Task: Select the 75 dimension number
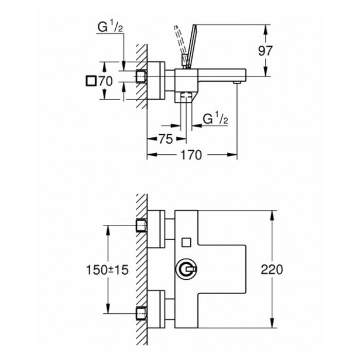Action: [x=165, y=138]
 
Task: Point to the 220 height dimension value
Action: [x=272, y=269]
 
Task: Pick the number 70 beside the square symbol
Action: [x=105, y=81]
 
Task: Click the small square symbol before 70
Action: [x=92, y=81]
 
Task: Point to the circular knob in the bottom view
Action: [x=186, y=269]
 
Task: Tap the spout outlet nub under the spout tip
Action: [x=237, y=82]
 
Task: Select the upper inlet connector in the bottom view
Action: [x=141, y=225]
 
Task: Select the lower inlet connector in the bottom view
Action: [x=141, y=313]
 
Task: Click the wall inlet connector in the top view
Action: [x=141, y=77]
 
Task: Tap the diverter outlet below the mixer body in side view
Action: [x=186, y=97]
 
